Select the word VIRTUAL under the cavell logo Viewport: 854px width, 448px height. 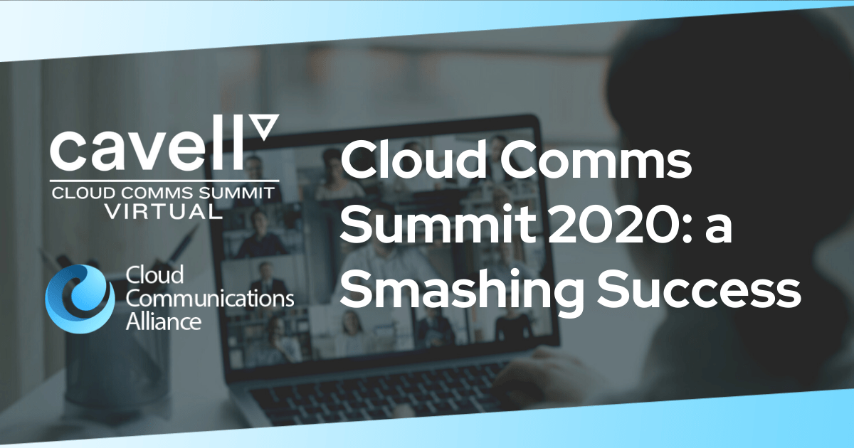tap(164, 211)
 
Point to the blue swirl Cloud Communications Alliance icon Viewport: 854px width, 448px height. tap(80, 299)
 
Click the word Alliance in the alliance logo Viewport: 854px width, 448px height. tap(163, 322)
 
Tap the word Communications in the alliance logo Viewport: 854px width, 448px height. tap(210, 299)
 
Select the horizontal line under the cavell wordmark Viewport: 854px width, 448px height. tap(164, 180)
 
